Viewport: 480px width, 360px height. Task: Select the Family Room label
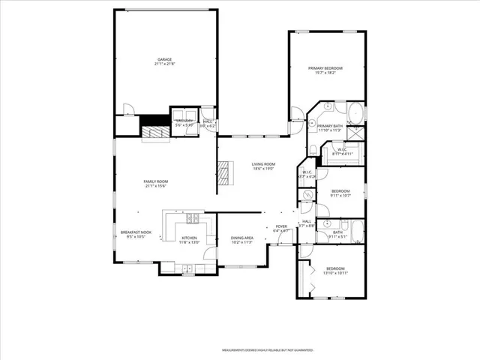point(155,181)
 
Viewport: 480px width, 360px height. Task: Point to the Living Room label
point(263,164)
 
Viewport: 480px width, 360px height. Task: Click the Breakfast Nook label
point(136,232)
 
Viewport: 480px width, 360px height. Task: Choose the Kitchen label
point(189,238)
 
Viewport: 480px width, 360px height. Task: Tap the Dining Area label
point(241,238)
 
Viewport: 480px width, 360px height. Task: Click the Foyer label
point(281,226)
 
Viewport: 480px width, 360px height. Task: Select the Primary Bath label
point(330,126)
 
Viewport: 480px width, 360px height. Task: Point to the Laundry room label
point(184,121)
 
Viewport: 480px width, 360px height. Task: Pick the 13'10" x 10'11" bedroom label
point(335,268)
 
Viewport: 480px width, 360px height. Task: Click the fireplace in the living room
point(223,173)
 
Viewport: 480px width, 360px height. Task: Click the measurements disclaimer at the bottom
point(266,349)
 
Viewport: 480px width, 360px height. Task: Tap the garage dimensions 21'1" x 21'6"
point(165,64)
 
